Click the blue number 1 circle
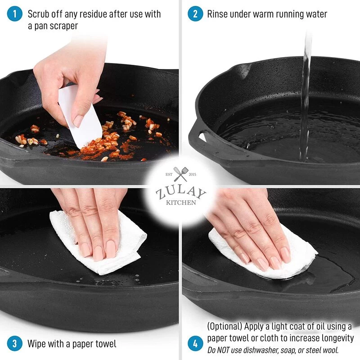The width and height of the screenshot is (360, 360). click(x=14, y=14)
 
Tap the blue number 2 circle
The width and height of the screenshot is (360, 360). click(x=195, y=14)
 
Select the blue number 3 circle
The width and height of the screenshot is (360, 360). click(x=14, y=344)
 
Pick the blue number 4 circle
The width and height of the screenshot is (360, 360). click(x=195, y=344)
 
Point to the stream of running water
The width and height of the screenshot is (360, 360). click(x=306, y=96)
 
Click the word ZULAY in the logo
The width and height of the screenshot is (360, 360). click(x=181, y=193)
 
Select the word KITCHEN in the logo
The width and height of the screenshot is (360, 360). click(x=181, y=202)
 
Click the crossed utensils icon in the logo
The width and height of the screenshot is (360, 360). click(x=181, y=174)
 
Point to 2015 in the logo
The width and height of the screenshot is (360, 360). click(x=193, y=175)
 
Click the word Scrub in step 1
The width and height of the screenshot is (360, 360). click(x=38, y=14)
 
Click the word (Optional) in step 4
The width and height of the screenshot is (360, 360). click(x=225, y=326)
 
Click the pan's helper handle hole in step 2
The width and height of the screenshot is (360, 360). click(x=202, y=137)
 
